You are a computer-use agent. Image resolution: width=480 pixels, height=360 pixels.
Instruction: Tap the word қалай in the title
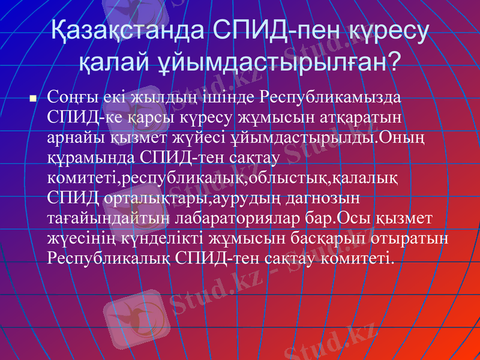(115, 60)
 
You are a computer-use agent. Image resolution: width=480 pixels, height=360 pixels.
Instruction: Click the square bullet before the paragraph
(34, 97)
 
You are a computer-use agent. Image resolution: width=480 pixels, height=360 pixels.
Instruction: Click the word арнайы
(75, 136)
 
